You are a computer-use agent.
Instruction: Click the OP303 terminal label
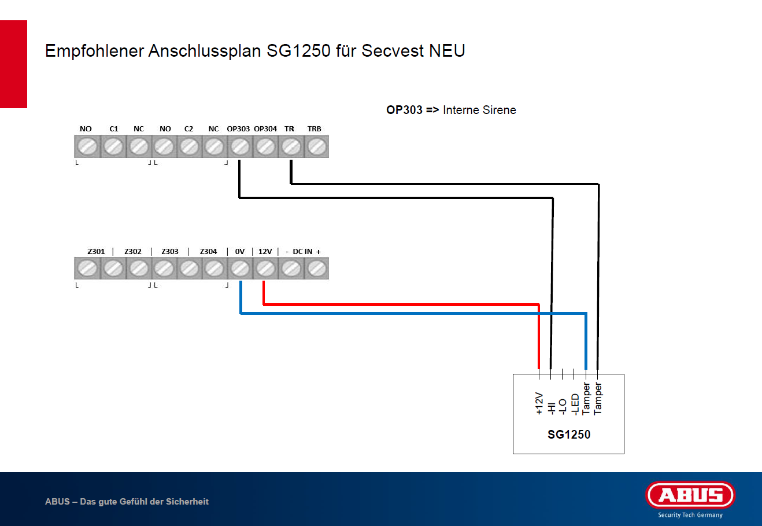[x=238, y=128]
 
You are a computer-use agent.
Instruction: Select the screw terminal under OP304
[x=265, y=147]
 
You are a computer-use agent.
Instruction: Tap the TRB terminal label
[x=314, y=128]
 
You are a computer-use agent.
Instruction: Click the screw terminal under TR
[x=290, y=147]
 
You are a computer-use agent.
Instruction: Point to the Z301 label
[x=96, y=251]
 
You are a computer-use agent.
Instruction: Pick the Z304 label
[x=208, y=251]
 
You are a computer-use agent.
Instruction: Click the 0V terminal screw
[x=240, y=268]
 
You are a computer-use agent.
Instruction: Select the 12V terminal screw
[x=265, y=268]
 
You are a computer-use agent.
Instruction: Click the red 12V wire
[x=399, y=304]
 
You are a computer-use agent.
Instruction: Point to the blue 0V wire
[x=405, y=313]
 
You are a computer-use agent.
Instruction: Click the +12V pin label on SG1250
[x=539, y=403]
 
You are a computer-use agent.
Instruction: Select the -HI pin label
[x=551, y=407]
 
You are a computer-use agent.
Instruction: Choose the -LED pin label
[x=575, y=404]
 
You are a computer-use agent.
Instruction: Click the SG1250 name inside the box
[x=569, y=435]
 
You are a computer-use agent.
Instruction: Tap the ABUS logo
[x=690, y=495]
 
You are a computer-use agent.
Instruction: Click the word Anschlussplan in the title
[x=205, y=51]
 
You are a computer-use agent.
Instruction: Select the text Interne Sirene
[x=479, y=110]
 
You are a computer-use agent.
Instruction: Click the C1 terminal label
[x=114, y=128]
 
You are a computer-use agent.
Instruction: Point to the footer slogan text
[x=127, y=502]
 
